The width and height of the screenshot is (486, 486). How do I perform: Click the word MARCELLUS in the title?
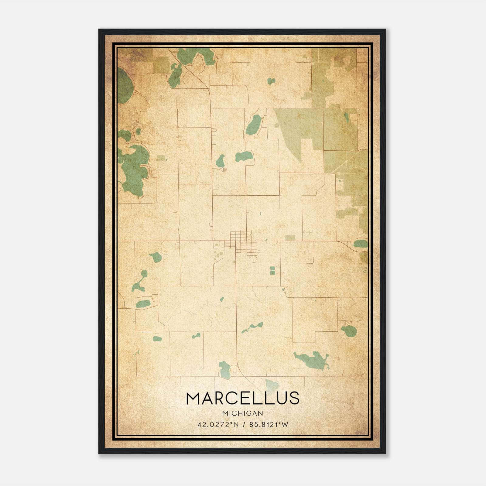coord(243,398)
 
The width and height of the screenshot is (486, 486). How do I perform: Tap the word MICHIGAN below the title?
coord(243,413)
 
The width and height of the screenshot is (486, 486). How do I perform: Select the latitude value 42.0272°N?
coord(218,424)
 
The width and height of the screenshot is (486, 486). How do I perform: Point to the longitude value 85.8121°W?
coord(269,424)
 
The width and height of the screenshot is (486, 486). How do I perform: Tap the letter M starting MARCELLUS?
coord(193,398)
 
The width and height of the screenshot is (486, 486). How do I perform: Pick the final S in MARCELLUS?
coord(294,398)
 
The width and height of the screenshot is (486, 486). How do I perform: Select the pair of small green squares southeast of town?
coord(272,270)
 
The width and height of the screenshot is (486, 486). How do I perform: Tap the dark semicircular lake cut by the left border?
coord(125,86)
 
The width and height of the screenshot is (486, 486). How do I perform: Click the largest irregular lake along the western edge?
coord(134,170)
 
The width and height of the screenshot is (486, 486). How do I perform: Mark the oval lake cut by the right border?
coord(361,244)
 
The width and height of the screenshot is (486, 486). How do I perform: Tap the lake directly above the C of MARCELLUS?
coord(225,369)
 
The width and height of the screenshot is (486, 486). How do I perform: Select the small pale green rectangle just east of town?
coord(290,238)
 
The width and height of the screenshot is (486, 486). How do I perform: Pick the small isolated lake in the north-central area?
coord(271,81)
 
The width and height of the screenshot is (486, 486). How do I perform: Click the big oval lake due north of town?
coord(254,125)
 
